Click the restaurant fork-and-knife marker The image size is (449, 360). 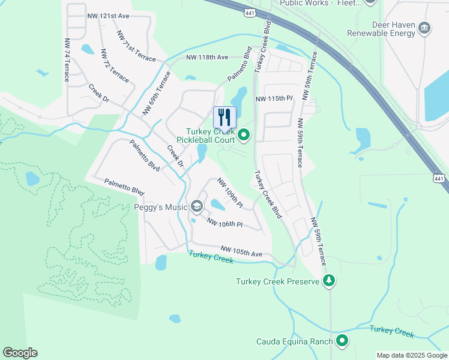(x=224, y=117)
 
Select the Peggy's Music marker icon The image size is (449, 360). (x=196, y=207)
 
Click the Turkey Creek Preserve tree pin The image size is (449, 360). (x=328, y=281)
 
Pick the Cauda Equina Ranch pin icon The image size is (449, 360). (x=342, y=341)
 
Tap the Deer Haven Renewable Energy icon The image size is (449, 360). (x=424, y=27)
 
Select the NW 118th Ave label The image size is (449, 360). (x=207, y=57)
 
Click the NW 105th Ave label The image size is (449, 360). (x=241, y=251)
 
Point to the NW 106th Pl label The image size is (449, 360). (x=224, y=223)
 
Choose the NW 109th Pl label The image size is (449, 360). (x=230, y=193)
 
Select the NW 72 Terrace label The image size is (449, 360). (x=116, y=66)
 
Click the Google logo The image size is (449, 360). (x=20, y=353)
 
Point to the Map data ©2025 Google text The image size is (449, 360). (x=411, y=355)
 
